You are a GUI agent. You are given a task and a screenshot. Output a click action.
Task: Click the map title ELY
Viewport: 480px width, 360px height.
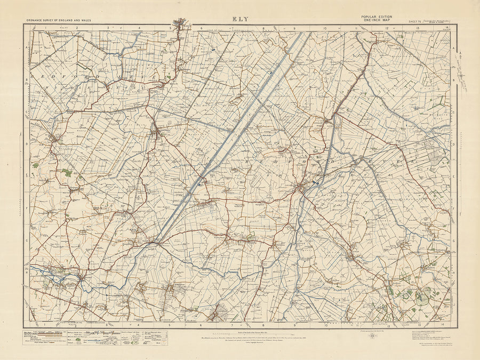[239, 19]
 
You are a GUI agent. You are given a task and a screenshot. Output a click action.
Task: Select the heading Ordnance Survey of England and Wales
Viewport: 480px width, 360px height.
[58, 20]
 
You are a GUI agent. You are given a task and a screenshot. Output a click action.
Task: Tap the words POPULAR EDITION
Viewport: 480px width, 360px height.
[377, 17]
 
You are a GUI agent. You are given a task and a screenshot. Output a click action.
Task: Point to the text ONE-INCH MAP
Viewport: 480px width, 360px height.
[376, 20]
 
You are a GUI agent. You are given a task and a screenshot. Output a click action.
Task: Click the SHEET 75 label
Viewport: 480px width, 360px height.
[414, 21]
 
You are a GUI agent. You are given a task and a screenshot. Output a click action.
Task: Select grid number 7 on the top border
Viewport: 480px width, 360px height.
[233, 27]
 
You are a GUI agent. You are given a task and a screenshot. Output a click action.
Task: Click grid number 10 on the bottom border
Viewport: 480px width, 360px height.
[325, 324]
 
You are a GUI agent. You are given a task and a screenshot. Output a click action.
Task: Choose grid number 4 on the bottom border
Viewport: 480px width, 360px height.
[139, 324]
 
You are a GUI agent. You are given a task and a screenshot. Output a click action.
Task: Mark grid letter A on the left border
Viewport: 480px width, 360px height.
[27, 47]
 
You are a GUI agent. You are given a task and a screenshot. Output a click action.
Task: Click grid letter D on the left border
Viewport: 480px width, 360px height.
[27, 144]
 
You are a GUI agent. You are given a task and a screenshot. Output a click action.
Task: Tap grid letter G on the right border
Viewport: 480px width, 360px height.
[453, 241]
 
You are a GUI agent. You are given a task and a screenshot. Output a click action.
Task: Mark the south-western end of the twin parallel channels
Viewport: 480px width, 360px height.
[156, 241]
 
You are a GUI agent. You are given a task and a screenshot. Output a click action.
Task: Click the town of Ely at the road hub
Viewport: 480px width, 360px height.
[302, 188]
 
